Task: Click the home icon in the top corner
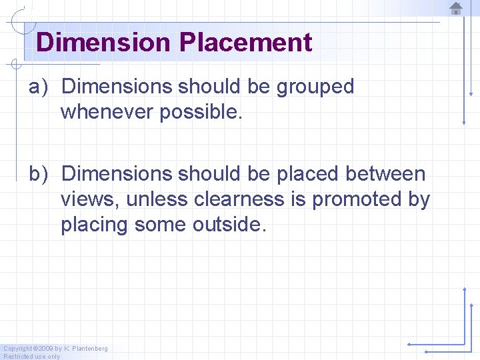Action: coord(456,8)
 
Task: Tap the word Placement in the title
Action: coord(245,42)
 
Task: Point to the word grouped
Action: coord(315,87)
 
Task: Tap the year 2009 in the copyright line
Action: coord(45,349)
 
